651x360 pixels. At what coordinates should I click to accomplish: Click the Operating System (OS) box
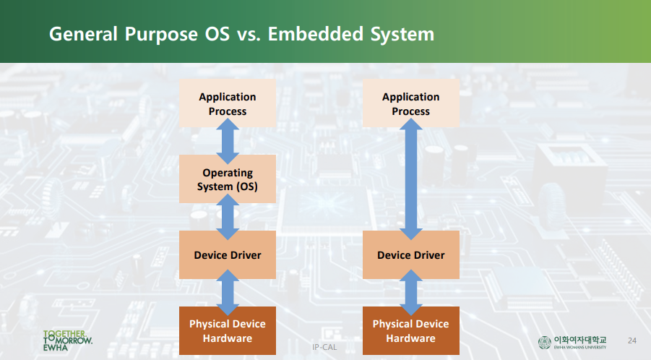pyautogui.click(x=228, y=179)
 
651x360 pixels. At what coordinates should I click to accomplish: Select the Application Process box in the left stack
pyautogui.click(x=228, y=103)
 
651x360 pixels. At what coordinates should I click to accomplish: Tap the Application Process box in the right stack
pyautogui.click(x=410, y=103)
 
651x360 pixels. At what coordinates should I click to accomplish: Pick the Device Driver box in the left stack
pyautogui.click(x=228, y=254)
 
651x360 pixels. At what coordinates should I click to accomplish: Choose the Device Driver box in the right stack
pyautogui.click(x=410, y=254)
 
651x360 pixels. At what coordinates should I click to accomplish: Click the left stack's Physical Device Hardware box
pyautogui.click(x=228, y=330)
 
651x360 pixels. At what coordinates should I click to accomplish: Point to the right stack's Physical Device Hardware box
pyautogui.click(x=410, y=330)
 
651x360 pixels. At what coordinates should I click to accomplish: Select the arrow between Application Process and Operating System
pyautogui.click(x=228, y=142)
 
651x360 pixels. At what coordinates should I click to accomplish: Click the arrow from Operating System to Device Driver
pyautogui.click(x=228, y=217)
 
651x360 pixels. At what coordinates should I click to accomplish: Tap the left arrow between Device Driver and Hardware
pyautogui.click(x=228, y=293)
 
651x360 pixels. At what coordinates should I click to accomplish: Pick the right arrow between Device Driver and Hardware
pyautogui.click(x=411, y=293)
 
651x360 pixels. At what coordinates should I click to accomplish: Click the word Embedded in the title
pyautogui.click(x=312, y=34)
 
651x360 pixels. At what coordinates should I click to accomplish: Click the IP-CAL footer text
pyautogui.click(x=325, y=347)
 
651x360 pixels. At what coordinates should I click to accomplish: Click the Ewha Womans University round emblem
pyautogui.click(x=544, y=341)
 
